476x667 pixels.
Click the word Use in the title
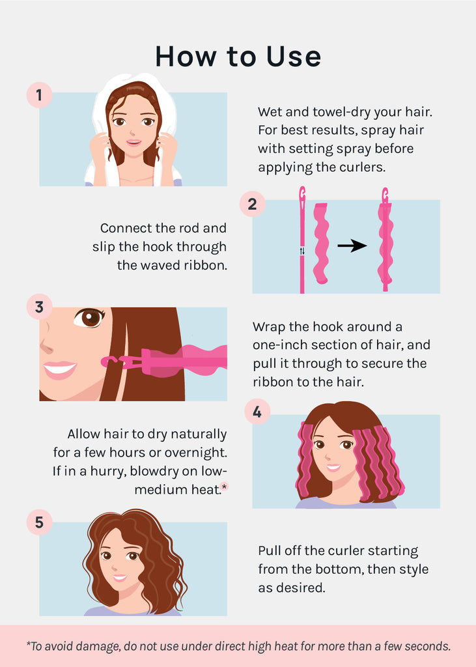tap(294, 57)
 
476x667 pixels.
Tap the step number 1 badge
tap(39, 94)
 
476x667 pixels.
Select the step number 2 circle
tap(252, 204)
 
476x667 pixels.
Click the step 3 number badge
tap(39, 307)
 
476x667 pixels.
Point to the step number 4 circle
tap(257, 412)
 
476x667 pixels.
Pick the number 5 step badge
tap(39, 522)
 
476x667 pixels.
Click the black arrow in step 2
tap(352, 246)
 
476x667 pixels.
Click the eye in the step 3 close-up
tap(89, 318)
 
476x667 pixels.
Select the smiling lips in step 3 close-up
tap(59, 370)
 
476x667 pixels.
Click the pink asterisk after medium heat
tap(225, 486)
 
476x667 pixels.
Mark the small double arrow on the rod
tap(302, 251)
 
